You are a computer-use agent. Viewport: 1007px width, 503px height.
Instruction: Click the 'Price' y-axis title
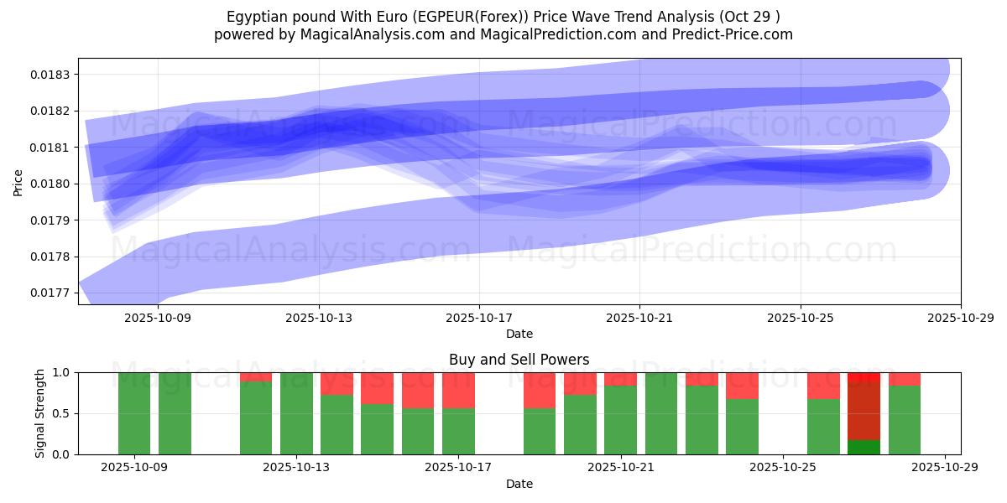click(18, 181)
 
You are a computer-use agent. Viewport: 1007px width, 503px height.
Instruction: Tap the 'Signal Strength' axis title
click(40, 412)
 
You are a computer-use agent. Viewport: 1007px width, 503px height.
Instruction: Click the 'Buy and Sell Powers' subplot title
click(519, 360)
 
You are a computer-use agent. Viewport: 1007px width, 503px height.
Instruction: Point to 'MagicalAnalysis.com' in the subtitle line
click(370, 34)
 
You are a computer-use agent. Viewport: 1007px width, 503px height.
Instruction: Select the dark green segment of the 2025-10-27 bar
click(864, 448)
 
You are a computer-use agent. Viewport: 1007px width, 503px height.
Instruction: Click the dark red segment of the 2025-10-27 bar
click(864, 411)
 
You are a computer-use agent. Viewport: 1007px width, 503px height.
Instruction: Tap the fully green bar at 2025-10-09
click(134, 413)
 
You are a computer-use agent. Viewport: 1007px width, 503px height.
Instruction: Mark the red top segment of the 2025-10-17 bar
click(458, 390)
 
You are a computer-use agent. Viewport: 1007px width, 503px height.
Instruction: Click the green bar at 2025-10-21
click(620, 420)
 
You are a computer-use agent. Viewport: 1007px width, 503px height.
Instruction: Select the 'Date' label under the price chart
click(519, 334)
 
